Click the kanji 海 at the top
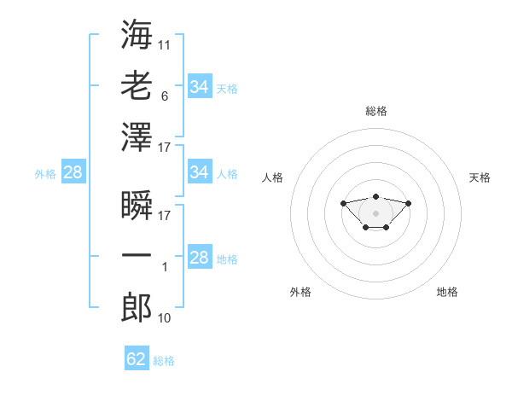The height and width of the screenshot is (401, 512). coord(137,34)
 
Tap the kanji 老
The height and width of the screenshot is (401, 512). coord(137,85)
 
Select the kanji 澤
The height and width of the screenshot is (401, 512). coord(137,137)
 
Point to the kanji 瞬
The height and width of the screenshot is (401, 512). coord(137,205)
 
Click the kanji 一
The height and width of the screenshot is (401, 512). coord(137,256)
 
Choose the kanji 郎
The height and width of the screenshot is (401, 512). coord(137,307)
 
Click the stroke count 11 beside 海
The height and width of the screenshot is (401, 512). coord(165,44)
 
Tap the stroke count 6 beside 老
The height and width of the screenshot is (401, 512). coord(165,96)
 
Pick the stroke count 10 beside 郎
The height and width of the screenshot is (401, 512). coord(165,318)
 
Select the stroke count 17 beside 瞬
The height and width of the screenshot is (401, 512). coord(165,216)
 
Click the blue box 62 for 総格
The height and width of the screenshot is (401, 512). coord(137,359)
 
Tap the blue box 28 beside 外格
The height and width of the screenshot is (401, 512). coord(73,173)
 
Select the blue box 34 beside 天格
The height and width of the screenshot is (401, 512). coord(199,87)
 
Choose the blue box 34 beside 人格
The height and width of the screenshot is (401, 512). coord(199,173)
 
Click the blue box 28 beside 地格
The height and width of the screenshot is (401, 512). coord(199,259)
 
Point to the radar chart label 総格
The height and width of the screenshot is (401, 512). coord(376,111)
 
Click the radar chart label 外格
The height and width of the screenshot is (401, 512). coord(300,292)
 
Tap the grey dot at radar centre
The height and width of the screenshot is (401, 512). coord(375,212)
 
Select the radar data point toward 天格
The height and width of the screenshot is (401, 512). coord(408,203)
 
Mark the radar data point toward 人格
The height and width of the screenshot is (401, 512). coord(343,203)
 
